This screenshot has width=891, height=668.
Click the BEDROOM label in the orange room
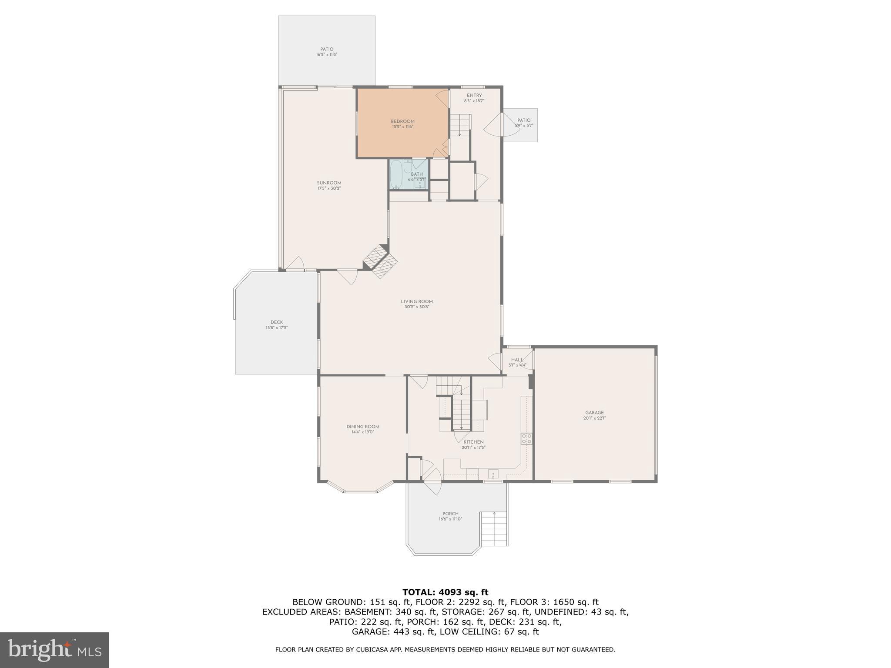click(x=402, y=121)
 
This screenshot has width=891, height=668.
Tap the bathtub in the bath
click(x=396, y=175)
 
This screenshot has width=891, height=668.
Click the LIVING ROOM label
click(x=417, y=301)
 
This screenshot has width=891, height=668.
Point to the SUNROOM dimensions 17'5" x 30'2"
click(x=329, y=188)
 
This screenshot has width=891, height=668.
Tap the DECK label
click(x=277, y=322)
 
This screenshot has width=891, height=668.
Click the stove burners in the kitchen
click(x=526, y=438)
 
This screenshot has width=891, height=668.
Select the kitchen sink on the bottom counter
click(x=494, y=474)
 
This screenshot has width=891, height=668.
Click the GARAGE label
click(x=594, y=413)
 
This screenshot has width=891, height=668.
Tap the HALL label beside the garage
click(x=517, y=360)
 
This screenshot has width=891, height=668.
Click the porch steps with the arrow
click(x=494, y=529)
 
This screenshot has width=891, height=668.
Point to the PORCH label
click(x=450, y=514)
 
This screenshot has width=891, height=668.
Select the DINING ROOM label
click(x=363, y=427)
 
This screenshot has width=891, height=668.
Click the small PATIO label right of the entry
click(x=524, y=120)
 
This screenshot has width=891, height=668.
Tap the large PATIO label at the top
click(x=327, y=50)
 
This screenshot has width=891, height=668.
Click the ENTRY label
click(x=474, y=95)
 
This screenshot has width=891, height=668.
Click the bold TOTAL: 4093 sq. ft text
click(x=445, y=592)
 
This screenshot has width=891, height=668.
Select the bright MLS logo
click(x=54, y=650)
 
